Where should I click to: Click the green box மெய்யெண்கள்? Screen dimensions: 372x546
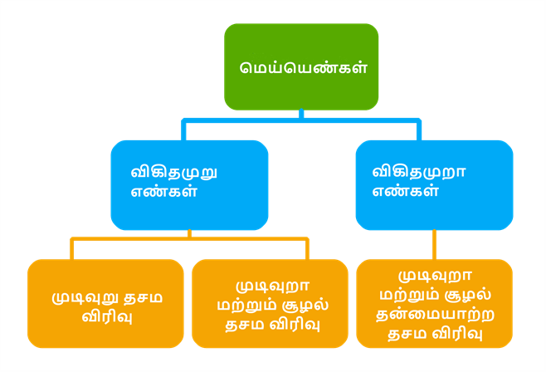tap(301, 66)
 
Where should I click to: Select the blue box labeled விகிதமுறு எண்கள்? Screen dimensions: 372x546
tap(189, 184)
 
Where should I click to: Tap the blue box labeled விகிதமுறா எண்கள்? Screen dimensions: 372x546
tap(434, 184)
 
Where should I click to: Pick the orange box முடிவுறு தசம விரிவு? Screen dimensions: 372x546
tap(105, 303)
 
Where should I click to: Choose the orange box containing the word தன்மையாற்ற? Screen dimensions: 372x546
tap(435, 303)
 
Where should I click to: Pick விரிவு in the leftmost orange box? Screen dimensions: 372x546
tap(105, 316)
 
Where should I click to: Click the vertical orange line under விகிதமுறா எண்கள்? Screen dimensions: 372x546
tap(434, 245)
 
